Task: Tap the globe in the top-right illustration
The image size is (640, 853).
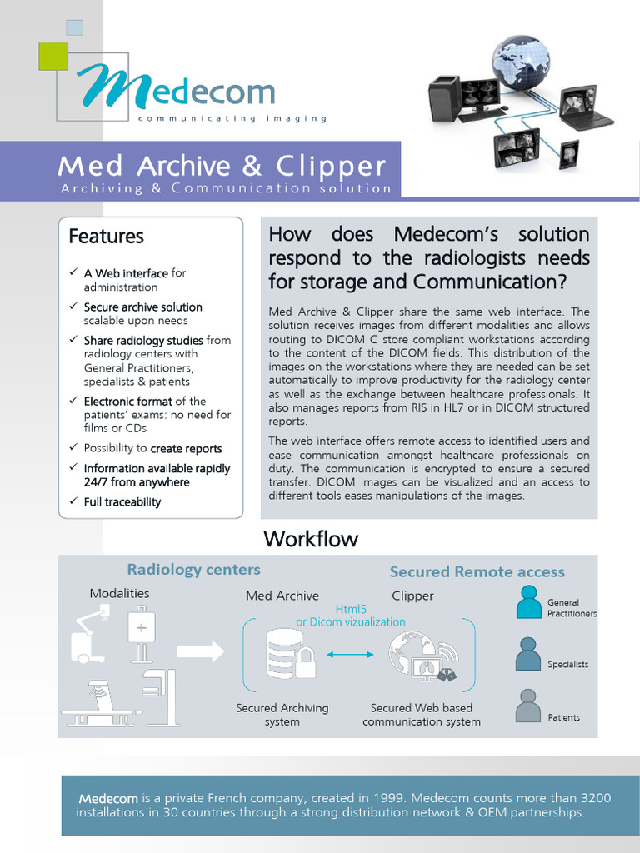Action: [521, 64]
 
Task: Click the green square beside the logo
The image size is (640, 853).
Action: [52, 57]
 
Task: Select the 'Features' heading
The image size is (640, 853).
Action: [106, 237]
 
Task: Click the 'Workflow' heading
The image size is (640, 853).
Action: [311, 539]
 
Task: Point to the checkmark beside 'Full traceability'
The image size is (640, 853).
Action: [72, 501]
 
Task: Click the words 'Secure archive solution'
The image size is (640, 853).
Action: [142, 307]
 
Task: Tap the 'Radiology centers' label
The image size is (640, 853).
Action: [193, 570]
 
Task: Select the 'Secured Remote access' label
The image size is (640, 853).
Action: [477, 572]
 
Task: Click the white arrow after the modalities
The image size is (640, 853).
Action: [201, 650]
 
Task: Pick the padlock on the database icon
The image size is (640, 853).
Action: [306, 665]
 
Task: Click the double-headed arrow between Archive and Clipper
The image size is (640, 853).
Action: [351, 656]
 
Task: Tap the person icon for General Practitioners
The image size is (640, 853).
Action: [528, 601]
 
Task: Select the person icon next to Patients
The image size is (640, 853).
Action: [528, 706]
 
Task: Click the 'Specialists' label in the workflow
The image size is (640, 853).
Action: [567, 665]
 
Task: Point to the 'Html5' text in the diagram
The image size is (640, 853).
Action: [350, 610]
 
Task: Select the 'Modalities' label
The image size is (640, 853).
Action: [120, 593]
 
